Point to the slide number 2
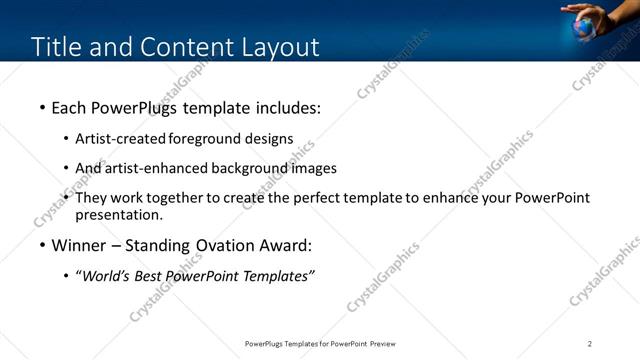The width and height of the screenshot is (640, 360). pyautogui.click(x=590, y=343)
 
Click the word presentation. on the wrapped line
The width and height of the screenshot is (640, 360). pyautogui.click(x=118, y=214)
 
